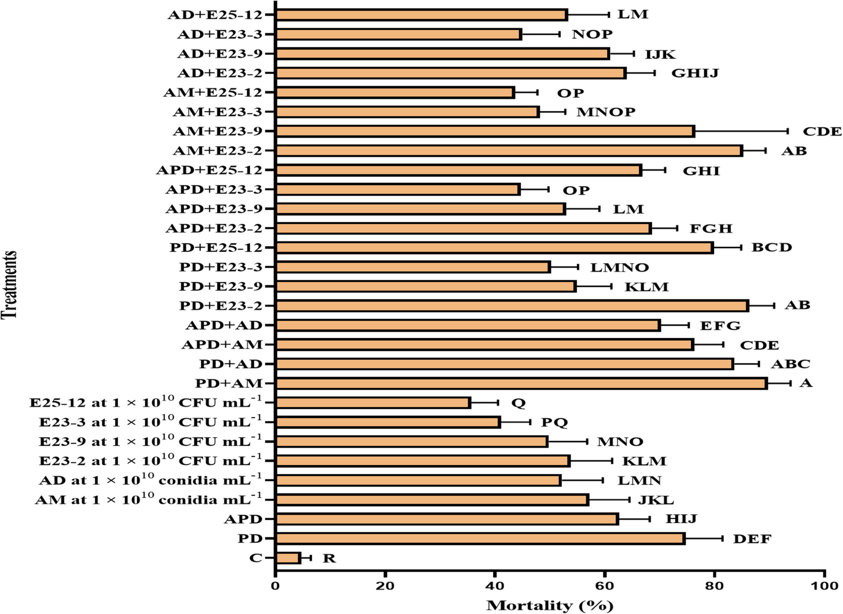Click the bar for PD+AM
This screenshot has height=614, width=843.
click(521, 383)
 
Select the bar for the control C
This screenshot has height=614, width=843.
click(288, 558)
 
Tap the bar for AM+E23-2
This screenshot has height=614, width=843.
click(509, 151)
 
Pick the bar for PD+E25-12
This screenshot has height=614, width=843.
click(494, 248)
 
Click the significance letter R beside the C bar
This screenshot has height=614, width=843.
click(329, 558)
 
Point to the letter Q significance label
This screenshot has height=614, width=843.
click(518, 403)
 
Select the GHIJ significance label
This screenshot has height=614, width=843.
click(695, 73)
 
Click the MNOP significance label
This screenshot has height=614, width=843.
click(606, 112)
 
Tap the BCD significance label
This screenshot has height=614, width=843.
click(772, 248)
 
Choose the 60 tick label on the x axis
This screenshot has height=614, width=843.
click(604, 587)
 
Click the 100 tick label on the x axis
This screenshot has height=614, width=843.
click(824, 587)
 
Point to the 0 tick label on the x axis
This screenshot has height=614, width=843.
click(275, 587)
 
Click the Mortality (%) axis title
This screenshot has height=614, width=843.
click(549, 605)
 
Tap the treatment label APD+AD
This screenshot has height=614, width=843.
click(224, 325)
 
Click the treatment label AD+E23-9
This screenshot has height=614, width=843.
click(220, 54)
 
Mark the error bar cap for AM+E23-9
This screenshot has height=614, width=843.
click(788, 131)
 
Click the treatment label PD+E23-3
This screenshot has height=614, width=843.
click(221, 267)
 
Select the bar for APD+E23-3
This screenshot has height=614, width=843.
click(398, 190)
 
